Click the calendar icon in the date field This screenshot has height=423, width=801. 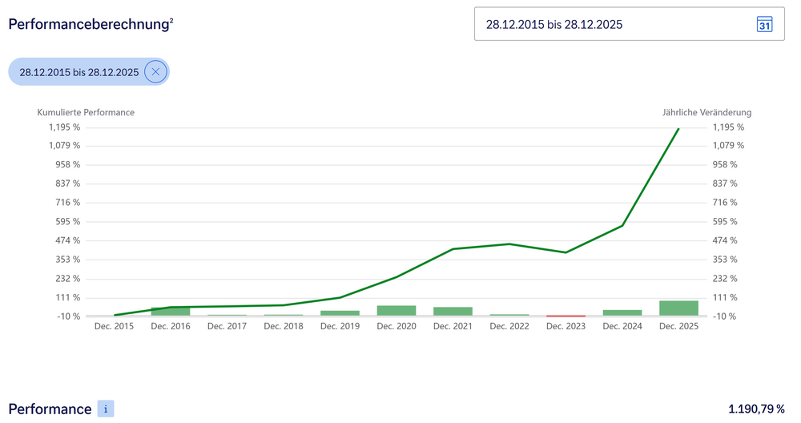click(x=764, y=24)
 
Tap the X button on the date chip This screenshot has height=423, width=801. click(x=155, y=72)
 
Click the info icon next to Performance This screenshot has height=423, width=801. click(x=106, y=409)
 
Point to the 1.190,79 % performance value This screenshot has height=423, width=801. click(x=756, y=409)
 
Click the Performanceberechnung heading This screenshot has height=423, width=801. click(x=91, y=24)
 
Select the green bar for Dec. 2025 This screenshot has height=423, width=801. click(x=678, y=308)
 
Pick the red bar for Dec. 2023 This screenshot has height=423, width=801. click(x=566, y=316)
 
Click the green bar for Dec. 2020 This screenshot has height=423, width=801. click(x=396, y=311)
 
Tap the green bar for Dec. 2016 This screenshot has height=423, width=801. click(x=171, y=312)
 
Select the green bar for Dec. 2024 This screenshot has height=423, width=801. click(x=622, y=312)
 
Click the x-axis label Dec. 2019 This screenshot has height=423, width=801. click(x=340, y=326)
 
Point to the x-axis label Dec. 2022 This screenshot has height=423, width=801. click(x=509, y=326)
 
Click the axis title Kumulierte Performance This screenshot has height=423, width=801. click(x=86, y=112)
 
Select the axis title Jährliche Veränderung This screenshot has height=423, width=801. click(x=706, y=112)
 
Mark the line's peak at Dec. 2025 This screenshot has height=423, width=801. click(x=678, y=128)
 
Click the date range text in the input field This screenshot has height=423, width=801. click(x=554, y=24)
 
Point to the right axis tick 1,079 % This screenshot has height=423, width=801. click(x=728, y=146)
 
